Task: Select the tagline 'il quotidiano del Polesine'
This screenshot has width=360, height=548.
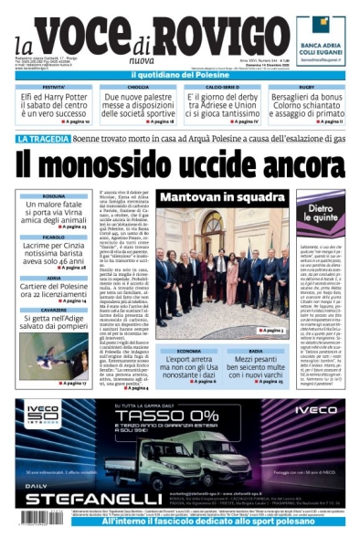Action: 180,74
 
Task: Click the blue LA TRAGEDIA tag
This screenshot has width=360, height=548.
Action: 41,140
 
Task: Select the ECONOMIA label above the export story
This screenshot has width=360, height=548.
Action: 188,351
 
